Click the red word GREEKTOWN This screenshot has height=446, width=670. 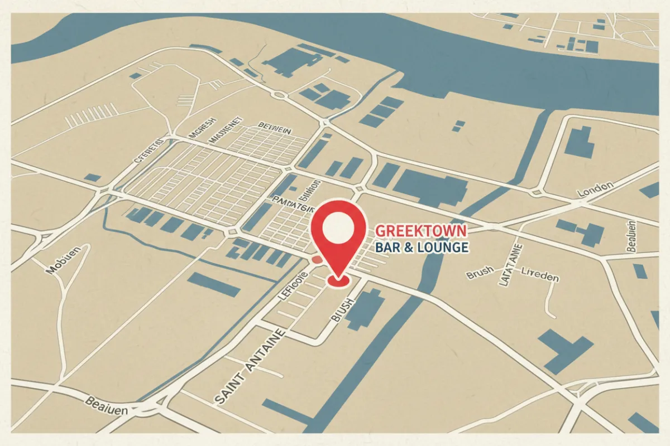coord(422,230)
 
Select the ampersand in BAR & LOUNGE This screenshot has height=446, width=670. coord(408,247)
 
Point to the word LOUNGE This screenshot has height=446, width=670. coord(442,247)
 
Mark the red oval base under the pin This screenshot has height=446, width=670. coord(337,282)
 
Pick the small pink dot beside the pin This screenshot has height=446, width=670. coord(316,259)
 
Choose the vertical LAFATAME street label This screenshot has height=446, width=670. coord(510,264)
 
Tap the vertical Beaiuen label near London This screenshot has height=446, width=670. coord(630,237)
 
